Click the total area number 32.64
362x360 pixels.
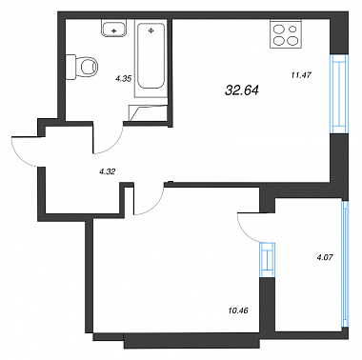(242, 91)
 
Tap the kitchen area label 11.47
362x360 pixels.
(301, 75)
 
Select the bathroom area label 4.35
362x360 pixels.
(124, 79)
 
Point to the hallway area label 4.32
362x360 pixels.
(108, 171)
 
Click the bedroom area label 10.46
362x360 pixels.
(238, 310)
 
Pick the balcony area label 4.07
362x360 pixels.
(325, 257)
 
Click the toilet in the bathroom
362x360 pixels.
(82, 67)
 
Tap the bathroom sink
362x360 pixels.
(114, 28)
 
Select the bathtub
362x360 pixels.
(151, 59)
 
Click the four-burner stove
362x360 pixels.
(286, 34)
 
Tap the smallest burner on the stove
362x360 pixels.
(293, 29)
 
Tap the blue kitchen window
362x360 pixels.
(338, 94)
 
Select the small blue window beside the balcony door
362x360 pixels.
(267, 260)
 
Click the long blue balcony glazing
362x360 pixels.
(345, 265)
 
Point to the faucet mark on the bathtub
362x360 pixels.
(151, 30)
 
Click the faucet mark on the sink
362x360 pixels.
(114, 30)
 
